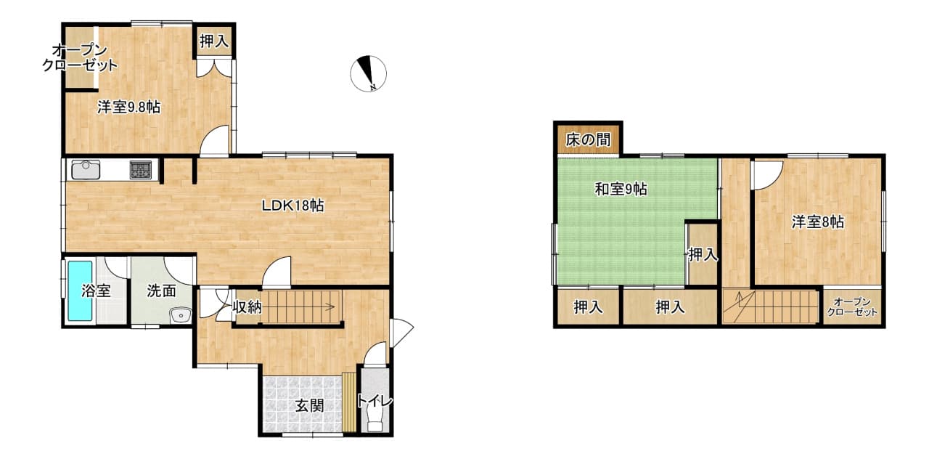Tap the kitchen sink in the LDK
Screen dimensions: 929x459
click(86, 169)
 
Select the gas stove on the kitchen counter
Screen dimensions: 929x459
click(141, 170)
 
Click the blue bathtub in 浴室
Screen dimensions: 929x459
click(80, 291)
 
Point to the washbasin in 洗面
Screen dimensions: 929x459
click(181, 315)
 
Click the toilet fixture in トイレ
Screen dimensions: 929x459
click(375, 417)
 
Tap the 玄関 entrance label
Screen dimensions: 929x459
click(309, 405)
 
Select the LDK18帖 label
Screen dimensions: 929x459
click(292, 206)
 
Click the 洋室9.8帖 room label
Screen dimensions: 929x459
click(129, 107)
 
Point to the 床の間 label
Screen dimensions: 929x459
click(588, 140)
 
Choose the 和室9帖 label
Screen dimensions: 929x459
click(621, 190)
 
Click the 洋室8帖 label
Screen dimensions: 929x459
click(817, 222)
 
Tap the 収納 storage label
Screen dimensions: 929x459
click(247, 307)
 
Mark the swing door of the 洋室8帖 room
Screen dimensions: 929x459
click(768, 174)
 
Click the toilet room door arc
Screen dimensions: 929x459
click(375, 354)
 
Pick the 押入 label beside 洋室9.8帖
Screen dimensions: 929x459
click(214, 41)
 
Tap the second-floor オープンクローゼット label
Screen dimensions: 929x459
click(852, 307)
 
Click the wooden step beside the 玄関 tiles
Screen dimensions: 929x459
click(349, 402)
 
